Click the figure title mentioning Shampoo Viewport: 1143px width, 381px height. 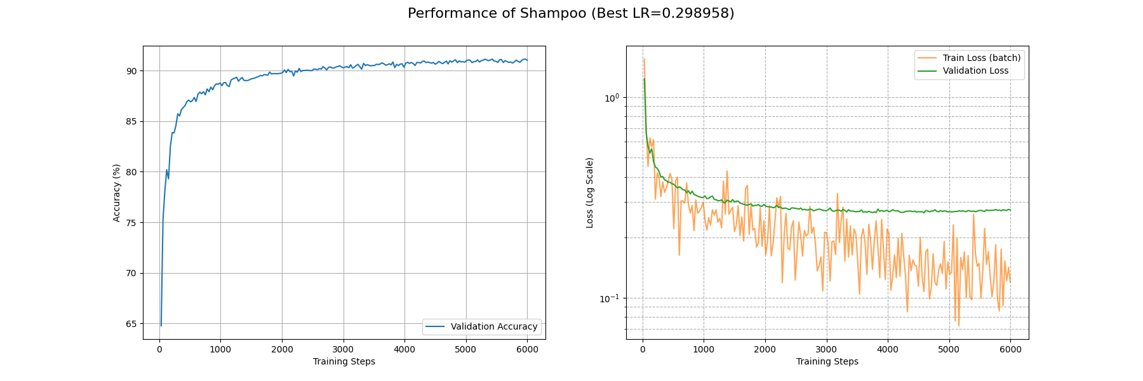pos(571,13)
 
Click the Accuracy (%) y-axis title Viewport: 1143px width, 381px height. pos(116,192)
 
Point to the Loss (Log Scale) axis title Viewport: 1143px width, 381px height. pos(590,192)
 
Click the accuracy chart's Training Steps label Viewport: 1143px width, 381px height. pos(344,361)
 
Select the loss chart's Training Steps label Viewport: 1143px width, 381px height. pos(827,361)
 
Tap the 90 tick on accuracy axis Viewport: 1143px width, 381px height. pos(131,70)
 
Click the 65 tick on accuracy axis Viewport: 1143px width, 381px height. pos(131,324)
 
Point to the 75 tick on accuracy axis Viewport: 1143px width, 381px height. pos(131,223)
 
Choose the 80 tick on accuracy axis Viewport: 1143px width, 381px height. pos(131,172)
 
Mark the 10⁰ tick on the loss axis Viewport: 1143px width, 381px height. pos(611,98)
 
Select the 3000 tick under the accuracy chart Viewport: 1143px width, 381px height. pos(343,349)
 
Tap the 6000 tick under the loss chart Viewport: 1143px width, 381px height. pos(1010,349)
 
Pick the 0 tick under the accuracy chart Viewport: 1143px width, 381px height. pos(159,349)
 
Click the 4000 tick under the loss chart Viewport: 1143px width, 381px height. pos(888,349)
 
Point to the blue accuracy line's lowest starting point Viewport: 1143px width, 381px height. pos(161,326)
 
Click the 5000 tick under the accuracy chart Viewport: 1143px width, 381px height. pos(465,349)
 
